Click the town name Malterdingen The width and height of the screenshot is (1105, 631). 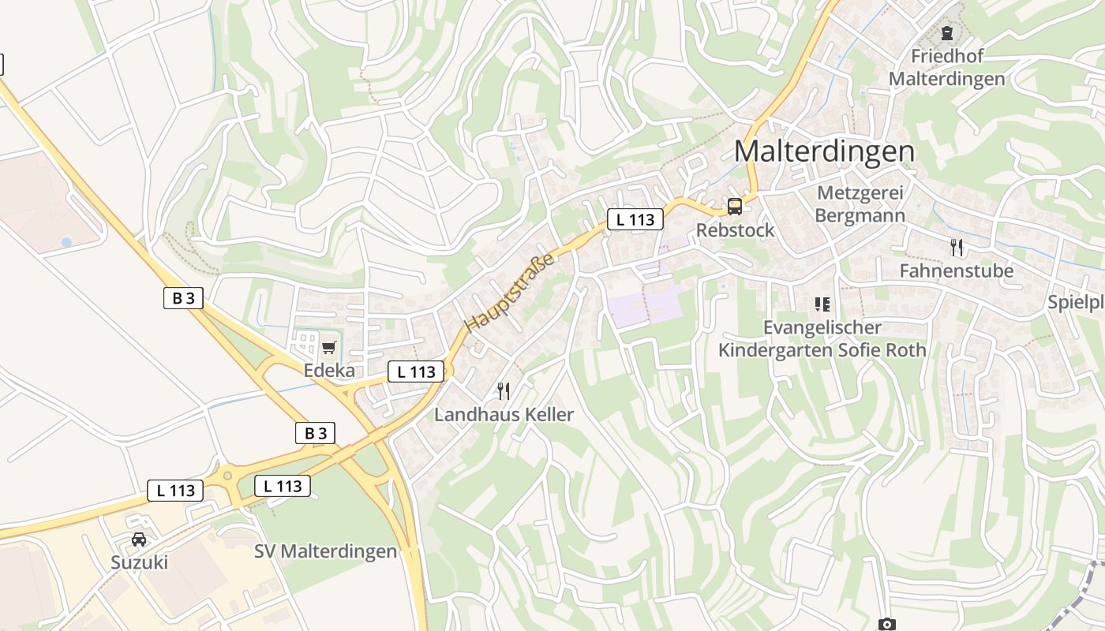point(824,151)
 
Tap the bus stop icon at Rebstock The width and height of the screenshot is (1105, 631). point(735,207)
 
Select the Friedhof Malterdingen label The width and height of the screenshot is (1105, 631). point(946,67)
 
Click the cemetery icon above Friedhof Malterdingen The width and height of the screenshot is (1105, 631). point(946,33)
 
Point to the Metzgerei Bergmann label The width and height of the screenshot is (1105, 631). point(860,204)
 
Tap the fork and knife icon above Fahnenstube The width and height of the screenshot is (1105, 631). point(957,248)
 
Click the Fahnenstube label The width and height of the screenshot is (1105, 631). point(957,271)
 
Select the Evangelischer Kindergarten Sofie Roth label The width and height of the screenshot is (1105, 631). point(822,338)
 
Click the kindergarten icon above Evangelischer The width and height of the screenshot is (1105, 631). point(822,304)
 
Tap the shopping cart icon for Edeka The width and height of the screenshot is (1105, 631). point(329,347)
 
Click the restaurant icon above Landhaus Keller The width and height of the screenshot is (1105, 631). point(504,390)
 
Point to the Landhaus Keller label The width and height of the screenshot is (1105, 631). point(504,414)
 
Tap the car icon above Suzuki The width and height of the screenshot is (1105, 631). point(139,540)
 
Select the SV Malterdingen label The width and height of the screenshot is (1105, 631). point(326,551)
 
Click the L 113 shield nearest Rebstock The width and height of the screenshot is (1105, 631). point(635,219)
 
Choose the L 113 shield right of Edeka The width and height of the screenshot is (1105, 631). point(416,372)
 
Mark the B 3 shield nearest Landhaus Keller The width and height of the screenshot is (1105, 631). point(315,432)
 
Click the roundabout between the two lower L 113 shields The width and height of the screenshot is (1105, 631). point(228,476)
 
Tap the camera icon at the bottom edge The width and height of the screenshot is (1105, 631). point(886,625)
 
